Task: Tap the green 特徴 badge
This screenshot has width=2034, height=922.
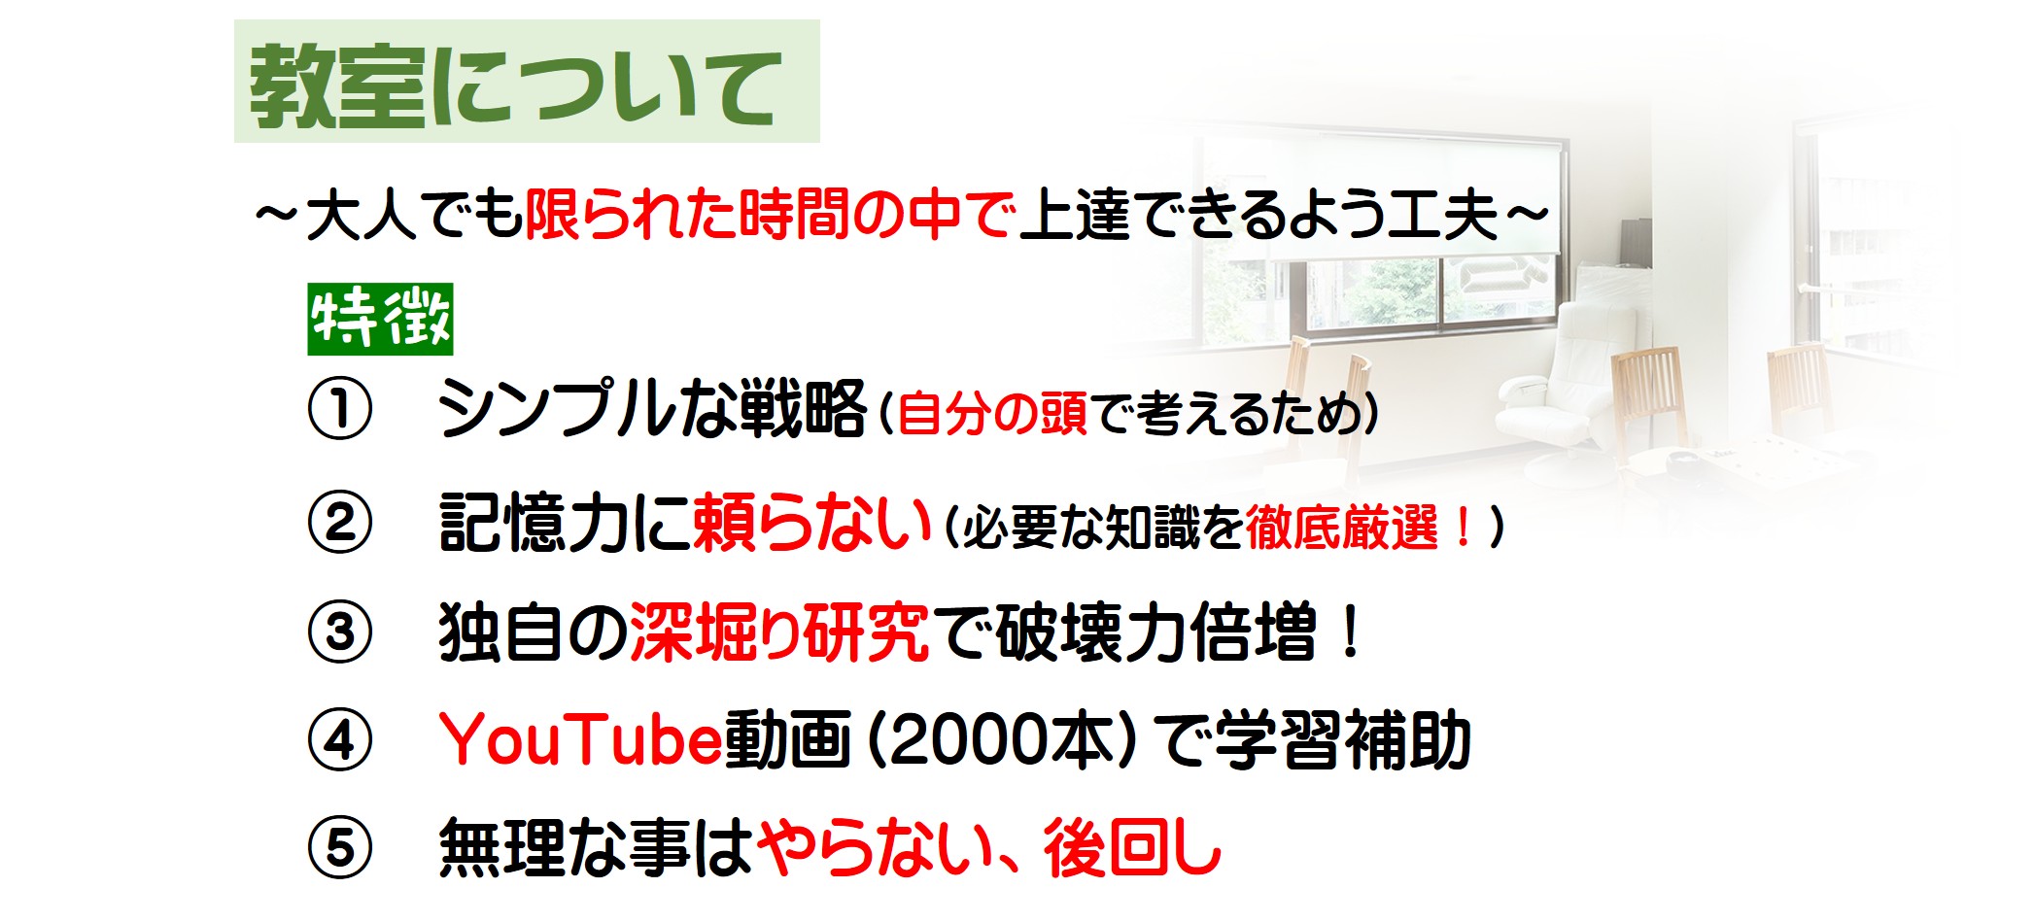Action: (x=381, y=320)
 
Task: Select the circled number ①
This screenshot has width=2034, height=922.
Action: (x=340, y=410)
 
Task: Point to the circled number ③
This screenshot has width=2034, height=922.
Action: (x=340, y=632)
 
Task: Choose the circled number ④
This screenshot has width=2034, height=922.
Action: (x=340, y=740)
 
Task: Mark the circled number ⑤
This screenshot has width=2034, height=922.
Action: (x=340, y=848)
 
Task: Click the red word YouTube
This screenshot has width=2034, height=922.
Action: (x=581, y=740)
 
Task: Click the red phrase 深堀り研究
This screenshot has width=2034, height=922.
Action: (x=779, y=632)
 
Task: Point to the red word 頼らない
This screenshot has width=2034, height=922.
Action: (x=812, y=523)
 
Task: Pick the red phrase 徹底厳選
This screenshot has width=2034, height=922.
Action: (x=1341, y=529)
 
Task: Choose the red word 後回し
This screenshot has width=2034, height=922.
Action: (x=1133, y=848)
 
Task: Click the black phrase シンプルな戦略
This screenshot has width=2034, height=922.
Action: (x=652, y=409)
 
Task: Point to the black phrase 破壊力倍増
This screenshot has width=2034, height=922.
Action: (x=1156, y=632)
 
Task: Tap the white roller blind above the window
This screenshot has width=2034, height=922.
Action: (x=1380, y=194)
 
